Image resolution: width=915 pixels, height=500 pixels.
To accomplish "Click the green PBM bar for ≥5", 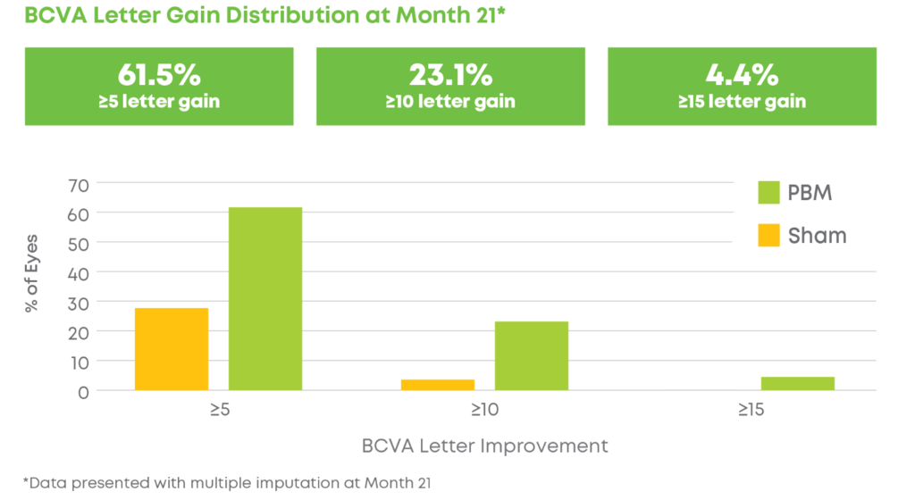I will point(265,298).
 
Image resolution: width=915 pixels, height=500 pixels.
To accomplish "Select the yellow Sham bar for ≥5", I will point(172,349).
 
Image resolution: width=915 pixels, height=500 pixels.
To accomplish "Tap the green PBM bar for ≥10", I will point(531,355).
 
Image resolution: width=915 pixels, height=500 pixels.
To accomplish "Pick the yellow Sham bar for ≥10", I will point(437,385).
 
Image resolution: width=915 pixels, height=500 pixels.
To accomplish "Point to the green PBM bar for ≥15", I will point(798,384).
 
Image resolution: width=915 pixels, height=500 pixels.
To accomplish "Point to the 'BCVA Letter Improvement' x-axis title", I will point(485,445).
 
